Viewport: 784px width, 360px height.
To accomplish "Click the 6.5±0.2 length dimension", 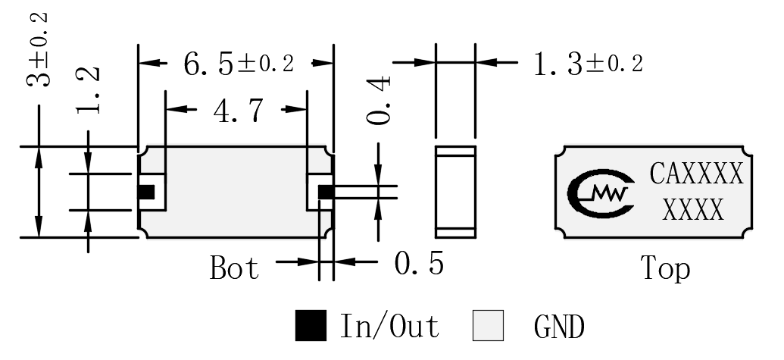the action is [239, 64].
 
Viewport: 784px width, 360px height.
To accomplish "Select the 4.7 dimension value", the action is [238, 111].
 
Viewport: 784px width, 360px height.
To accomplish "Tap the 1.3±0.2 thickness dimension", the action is [588, 64].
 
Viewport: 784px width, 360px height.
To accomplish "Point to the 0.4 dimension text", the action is [378, 100].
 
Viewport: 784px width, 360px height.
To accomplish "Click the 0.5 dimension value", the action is [418, 263].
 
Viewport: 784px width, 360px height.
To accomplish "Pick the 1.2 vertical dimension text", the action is [88, 90].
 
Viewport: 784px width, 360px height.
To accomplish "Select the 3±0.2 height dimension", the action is [38, 49].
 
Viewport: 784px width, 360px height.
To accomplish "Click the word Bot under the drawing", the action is [235, 268].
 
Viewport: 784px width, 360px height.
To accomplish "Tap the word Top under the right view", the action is [665, 268].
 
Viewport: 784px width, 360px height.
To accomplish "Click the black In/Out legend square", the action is [311, 325].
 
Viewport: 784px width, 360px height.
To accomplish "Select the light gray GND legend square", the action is [488, 325].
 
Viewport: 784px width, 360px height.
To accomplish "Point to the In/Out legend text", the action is [389, 325].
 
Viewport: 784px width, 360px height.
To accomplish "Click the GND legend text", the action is [559, 327].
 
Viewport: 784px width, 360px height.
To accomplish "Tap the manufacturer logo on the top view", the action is [600, 193].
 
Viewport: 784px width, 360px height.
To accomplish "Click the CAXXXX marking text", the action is [696, 174].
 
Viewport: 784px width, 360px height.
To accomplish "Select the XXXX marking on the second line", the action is [693, 209].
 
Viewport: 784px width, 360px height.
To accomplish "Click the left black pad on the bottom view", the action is [146, 192].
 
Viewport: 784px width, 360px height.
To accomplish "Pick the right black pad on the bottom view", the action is [326, 192].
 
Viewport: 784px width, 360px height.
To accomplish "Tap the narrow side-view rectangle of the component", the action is [455, 192].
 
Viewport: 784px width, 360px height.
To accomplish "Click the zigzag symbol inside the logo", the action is [609, 193].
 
